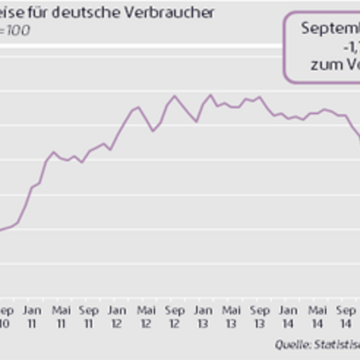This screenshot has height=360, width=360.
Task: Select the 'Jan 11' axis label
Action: tap(32, 317)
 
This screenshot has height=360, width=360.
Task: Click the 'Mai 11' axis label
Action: tap(61, 317)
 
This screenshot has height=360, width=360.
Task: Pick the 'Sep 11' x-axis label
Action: tap(89, 317)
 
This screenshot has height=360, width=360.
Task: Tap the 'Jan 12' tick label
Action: tap(117, 317)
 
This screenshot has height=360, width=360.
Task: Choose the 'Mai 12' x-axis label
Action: tap(146, 317)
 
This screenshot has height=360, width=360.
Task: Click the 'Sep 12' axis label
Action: tap(175, 317)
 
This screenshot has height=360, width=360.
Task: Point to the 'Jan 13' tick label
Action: tap(203, 317)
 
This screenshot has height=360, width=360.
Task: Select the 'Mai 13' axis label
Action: tap(231, 317)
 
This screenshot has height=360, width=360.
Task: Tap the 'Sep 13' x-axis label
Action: tap(260, 317)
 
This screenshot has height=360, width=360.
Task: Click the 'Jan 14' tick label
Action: tap(288, 317)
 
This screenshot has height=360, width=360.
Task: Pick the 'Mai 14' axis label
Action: tap(317, 317)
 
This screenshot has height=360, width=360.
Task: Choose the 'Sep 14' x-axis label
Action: tap(345, 317)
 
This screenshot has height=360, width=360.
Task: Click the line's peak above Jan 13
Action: tap(210, 95)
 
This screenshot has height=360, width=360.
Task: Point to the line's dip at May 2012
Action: tap(153, 131)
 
